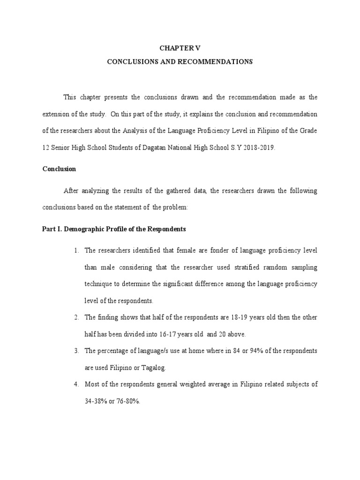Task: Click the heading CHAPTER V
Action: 180,48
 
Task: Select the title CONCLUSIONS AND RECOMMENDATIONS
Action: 180,61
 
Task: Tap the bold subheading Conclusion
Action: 59,168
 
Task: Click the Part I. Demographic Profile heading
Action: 114,229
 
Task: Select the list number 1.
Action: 75,250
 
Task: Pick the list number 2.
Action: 75,317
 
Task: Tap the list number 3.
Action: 75,351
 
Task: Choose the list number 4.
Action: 75,384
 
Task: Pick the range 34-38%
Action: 97,401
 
